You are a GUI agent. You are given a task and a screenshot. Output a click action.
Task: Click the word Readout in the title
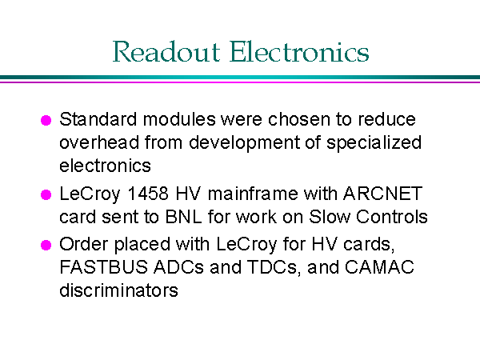166,51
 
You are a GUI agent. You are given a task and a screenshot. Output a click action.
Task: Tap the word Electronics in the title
299,51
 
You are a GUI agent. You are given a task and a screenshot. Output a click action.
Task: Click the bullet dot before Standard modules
46,120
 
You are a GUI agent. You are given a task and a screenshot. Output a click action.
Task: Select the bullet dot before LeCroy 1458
46,194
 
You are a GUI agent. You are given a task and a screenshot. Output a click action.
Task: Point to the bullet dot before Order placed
46,245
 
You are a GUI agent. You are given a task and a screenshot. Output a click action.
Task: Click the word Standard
98,119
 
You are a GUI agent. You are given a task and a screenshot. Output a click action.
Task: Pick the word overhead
99,142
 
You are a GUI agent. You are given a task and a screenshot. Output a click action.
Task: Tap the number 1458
148,194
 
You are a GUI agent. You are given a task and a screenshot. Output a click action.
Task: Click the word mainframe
253,194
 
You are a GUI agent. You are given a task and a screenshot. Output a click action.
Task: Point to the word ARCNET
382,194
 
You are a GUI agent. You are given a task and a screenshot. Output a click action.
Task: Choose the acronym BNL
184,217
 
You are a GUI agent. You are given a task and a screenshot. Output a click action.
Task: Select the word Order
84,244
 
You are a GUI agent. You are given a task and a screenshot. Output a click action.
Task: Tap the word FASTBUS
104,267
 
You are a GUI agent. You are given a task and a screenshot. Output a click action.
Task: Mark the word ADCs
178,267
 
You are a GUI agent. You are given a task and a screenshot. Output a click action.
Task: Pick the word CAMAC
379,267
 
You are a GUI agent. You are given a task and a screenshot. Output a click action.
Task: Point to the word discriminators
118,290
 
